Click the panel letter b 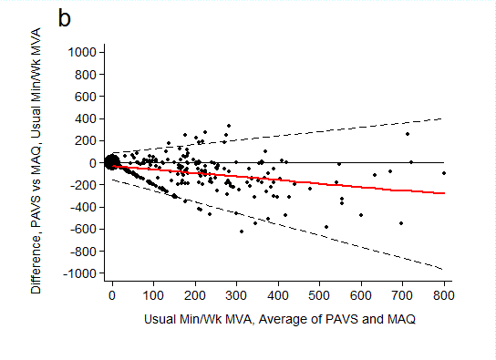65,18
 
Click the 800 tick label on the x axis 444,296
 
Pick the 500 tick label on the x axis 319,296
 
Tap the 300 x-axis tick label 236,296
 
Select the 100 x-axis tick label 153,296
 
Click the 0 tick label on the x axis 111,296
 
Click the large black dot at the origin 111,162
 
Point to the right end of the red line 444,193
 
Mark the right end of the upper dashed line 444,118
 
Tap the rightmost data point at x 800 444,172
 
